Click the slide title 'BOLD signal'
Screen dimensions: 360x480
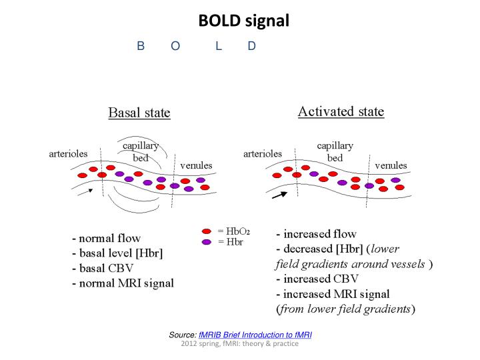(243, 21)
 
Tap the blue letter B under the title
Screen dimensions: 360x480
(141, 46)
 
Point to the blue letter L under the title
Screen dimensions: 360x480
(218, 46)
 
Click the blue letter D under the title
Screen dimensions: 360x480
(251, 46)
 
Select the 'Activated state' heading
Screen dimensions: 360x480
(341, 111)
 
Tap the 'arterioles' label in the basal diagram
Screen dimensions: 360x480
(69, 153)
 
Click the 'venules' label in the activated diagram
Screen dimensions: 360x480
(391, 165)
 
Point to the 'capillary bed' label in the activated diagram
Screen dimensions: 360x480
(335, 151)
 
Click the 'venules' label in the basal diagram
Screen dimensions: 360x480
(193, 165)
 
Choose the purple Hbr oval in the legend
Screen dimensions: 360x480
(207, 241)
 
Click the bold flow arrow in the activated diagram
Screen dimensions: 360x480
(279, 195)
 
